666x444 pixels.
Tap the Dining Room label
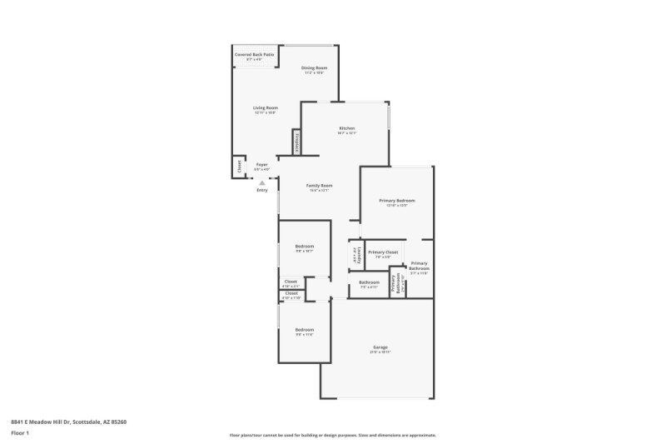point(314,67)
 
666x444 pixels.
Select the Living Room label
point(266,107)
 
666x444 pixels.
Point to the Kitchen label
point(346,127)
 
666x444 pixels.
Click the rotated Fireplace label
point(295,142)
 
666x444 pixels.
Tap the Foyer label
point(261,164)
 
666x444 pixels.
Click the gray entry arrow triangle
point(261,182)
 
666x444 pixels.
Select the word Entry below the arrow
point(262,190)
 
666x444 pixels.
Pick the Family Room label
point(319,185)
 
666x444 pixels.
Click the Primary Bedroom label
point(396,201)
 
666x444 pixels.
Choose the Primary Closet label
point(383,252)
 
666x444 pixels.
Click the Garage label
point(380,347)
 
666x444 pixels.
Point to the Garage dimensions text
point(380,352)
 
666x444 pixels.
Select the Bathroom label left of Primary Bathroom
point(369,282)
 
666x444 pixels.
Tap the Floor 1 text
point(21,434)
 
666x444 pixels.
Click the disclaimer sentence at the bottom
point(333,435)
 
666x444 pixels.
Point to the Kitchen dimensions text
point(346,133)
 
